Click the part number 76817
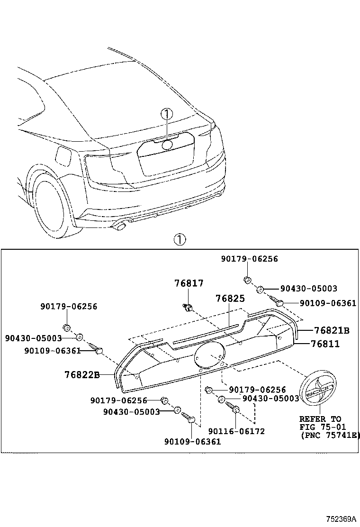[x=189, y=283]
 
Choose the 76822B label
[x=82, y=375]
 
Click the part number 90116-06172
[x=236, y=431]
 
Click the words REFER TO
[x=320, y=419]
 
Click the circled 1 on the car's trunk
[x=166, y=114]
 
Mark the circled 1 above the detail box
[x=180, y=240]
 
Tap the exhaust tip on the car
[x=120, y=227]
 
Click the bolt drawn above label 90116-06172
[x=234, y=408]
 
